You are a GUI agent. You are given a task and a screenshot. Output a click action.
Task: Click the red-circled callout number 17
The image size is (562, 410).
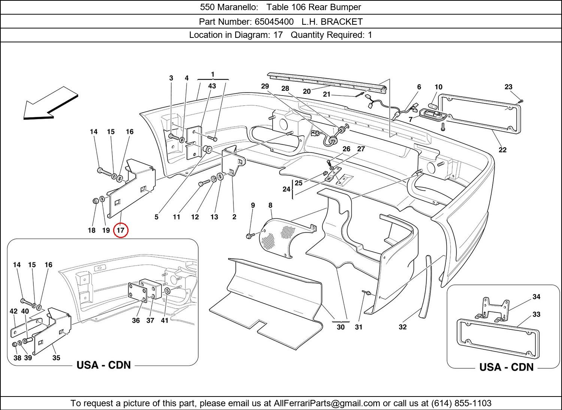point(121,230)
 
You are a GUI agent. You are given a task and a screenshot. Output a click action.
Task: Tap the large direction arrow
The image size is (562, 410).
point(51,103)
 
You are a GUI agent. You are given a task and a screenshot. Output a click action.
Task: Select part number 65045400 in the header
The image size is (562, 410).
point(274,22)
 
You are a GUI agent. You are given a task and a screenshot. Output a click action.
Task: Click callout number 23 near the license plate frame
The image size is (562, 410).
point(508,87)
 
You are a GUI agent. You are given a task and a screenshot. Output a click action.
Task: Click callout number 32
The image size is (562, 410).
point(403,327)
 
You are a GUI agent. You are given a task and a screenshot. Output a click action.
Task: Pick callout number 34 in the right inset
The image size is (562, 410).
point(537,296)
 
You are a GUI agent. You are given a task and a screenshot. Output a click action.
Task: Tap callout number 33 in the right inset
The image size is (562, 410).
point(537,314)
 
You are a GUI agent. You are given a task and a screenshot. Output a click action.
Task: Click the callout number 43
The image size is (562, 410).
point(212,86)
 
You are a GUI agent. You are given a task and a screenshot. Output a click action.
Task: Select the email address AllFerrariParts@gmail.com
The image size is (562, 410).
point(327,403)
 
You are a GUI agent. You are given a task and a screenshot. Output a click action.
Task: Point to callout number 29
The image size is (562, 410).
point(265,86)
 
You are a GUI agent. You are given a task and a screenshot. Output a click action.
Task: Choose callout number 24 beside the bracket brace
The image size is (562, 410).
point(287,189)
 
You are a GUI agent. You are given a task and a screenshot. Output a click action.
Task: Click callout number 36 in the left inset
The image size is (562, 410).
point(136,320)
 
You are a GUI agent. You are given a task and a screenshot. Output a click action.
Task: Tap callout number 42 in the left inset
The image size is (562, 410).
point(13,311)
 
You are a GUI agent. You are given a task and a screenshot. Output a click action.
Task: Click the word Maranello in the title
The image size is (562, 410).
point(238,7)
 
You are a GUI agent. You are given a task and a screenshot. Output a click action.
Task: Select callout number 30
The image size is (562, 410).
point(341,327)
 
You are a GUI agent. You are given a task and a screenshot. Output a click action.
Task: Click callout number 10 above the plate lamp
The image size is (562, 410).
point(438,87)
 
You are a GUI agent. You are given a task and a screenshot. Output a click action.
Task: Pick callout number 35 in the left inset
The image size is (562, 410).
point(56,358)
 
